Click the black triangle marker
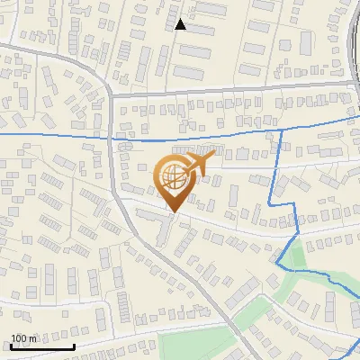pos(181,24)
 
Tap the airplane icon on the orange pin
pos(200,164)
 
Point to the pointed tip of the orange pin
pos(172,212)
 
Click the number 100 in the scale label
pos(19,338)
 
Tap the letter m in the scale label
pos(33,338)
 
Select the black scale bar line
pos(41,346)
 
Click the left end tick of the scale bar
pos(9,345)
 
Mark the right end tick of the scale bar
pos(74,345)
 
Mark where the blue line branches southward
pos(282,130)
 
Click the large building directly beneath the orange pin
pos(162,225)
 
